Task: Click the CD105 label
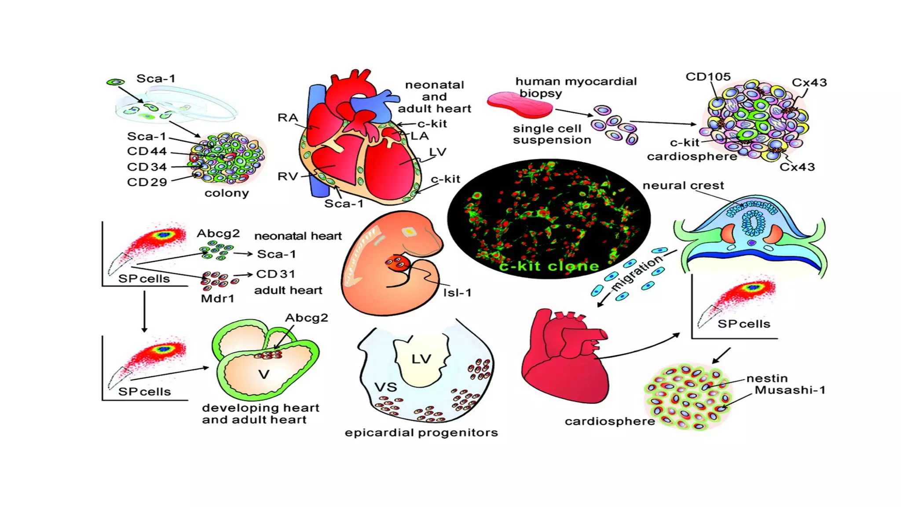point(708,77)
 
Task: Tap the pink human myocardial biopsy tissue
point(520,105)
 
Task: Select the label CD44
point(147,151)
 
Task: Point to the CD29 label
point(147,182)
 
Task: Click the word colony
point(227,193)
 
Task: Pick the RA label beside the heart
point(288,118)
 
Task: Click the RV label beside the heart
point(288,176)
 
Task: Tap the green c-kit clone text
point(549,266)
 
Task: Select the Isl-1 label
point(457,293)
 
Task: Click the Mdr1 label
point(217,299)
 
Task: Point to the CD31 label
point(275,274)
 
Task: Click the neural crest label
point(683,186)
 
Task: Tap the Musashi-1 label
point(790,390)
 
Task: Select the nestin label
point(767,378)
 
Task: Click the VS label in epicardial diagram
point(385,387)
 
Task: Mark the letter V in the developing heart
point(264,375)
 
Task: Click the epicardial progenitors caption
point(421,433)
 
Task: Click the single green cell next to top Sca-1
point(116,82)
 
